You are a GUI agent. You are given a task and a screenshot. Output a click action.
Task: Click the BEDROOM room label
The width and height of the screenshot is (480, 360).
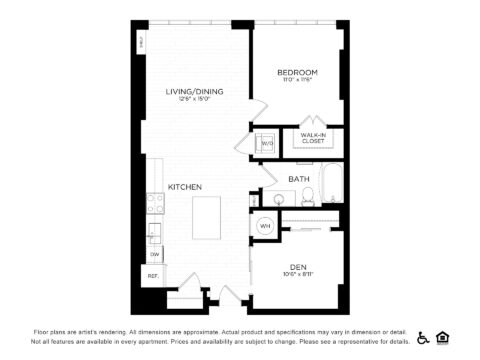click(297, 73)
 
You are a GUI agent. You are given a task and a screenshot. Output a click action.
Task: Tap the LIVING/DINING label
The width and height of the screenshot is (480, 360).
click(194, 91)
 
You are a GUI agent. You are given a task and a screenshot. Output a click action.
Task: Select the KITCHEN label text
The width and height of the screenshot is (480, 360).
click(185, 187)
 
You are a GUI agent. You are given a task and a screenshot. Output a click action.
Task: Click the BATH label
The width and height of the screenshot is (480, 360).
click(299, 179)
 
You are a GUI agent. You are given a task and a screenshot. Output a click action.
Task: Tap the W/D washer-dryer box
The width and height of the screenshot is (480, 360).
click(267, 143)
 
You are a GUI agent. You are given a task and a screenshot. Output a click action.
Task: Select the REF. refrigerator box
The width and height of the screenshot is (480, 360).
click(154, 275)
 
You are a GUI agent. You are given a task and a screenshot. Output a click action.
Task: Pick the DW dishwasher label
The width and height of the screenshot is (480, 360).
click(155, 255)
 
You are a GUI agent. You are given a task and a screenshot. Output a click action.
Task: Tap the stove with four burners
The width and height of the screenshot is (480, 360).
click(155, 203)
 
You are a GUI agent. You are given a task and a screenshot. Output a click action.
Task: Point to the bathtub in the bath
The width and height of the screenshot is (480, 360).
click(330, 190)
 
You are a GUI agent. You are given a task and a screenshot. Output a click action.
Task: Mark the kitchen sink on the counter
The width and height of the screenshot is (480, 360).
click(154, 232)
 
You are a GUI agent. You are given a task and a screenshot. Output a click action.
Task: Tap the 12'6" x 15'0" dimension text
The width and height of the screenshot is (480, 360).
click(194, 100)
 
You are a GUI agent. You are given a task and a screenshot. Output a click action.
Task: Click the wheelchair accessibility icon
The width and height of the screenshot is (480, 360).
click(424, 337)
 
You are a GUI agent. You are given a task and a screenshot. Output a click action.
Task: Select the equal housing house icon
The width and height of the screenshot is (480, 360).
click(443, 337)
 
